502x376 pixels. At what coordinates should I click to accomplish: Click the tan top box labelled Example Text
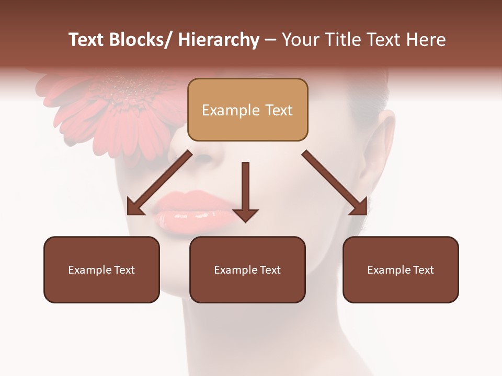(x=247, y=110)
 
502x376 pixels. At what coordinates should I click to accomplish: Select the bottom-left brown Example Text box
(x=101, y=269)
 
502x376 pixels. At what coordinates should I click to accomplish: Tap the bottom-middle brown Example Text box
(x=247, y=269)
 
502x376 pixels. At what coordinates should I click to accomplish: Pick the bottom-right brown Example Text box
(x=401, y=269)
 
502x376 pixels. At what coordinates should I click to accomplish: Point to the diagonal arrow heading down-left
(x=159, y=183)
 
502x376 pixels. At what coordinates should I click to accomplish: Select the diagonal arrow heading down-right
(x=335, y=183)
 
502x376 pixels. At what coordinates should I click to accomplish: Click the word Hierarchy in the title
(x=218, y=40)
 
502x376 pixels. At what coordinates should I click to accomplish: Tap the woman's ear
(x=384, y=138)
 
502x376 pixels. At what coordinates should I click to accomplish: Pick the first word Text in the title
(x=87, y=40)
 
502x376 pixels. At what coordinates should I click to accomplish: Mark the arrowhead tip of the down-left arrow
(x=129, y=214)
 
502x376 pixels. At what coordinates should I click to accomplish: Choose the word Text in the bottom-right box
(x=423, y=270)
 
